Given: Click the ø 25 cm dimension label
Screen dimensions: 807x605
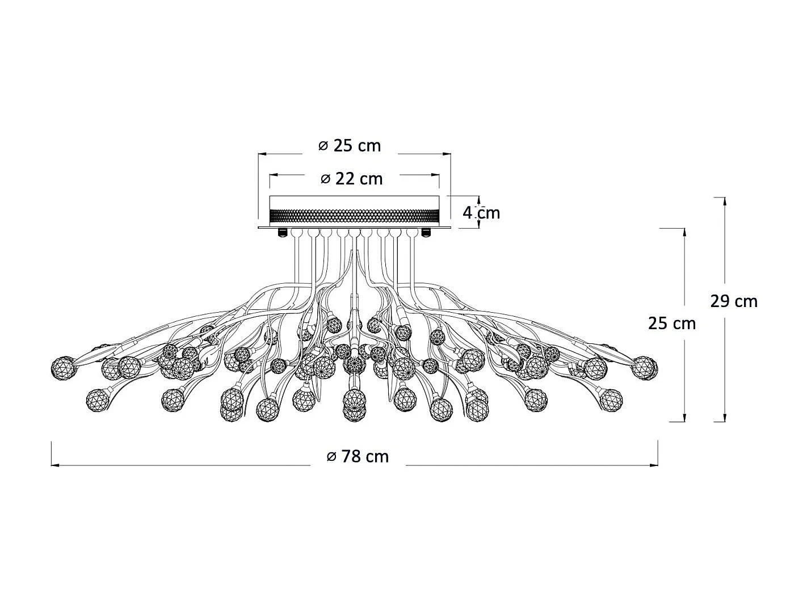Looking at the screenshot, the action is tap(349, 146).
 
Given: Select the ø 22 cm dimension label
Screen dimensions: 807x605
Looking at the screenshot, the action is tap(351, 179).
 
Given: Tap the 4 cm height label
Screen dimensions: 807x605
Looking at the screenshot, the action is tap(481, 213).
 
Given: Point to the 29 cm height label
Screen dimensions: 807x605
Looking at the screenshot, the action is tap(734, 301).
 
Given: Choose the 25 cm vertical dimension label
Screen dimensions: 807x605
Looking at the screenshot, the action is tap(672, 323).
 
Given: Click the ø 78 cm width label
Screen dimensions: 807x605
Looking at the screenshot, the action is tap(358, 457).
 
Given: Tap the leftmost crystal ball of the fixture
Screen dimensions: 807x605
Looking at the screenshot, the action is tap(64, 368).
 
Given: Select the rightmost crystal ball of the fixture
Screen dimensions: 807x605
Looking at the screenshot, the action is tap(645, 368).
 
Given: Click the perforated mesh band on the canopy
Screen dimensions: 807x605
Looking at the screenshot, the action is tap(355, 217).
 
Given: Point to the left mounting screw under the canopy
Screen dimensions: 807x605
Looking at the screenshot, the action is tap(283, 232).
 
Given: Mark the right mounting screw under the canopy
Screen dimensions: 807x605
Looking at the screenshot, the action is tap(426, 232).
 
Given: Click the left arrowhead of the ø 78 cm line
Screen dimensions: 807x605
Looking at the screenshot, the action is tap(55, 465).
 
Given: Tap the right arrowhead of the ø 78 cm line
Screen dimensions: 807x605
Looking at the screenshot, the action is tap(654, 465).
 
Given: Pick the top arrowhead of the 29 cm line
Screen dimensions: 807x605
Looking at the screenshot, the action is tap(724, 201).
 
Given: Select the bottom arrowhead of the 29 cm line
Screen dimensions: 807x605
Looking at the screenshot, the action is tap(724, 418).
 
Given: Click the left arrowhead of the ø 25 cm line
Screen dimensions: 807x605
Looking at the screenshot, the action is tap(263, 154).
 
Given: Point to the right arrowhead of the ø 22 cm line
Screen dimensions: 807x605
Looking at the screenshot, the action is tap(435, 175).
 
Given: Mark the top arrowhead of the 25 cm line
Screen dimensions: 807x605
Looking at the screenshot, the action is tap(684, 233).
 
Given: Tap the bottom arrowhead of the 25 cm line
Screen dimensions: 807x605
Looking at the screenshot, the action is tap(684, 418).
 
